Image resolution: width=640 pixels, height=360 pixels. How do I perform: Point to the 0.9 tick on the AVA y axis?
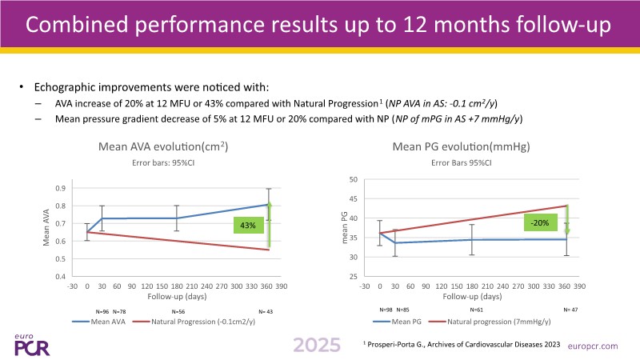[x=60, y=188]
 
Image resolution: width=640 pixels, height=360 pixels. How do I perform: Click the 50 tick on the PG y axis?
[x=352, y=179]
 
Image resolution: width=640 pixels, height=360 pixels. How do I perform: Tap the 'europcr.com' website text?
[x=592, y=346]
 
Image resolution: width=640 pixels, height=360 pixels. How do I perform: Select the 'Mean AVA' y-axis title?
[x=46, y=232]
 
